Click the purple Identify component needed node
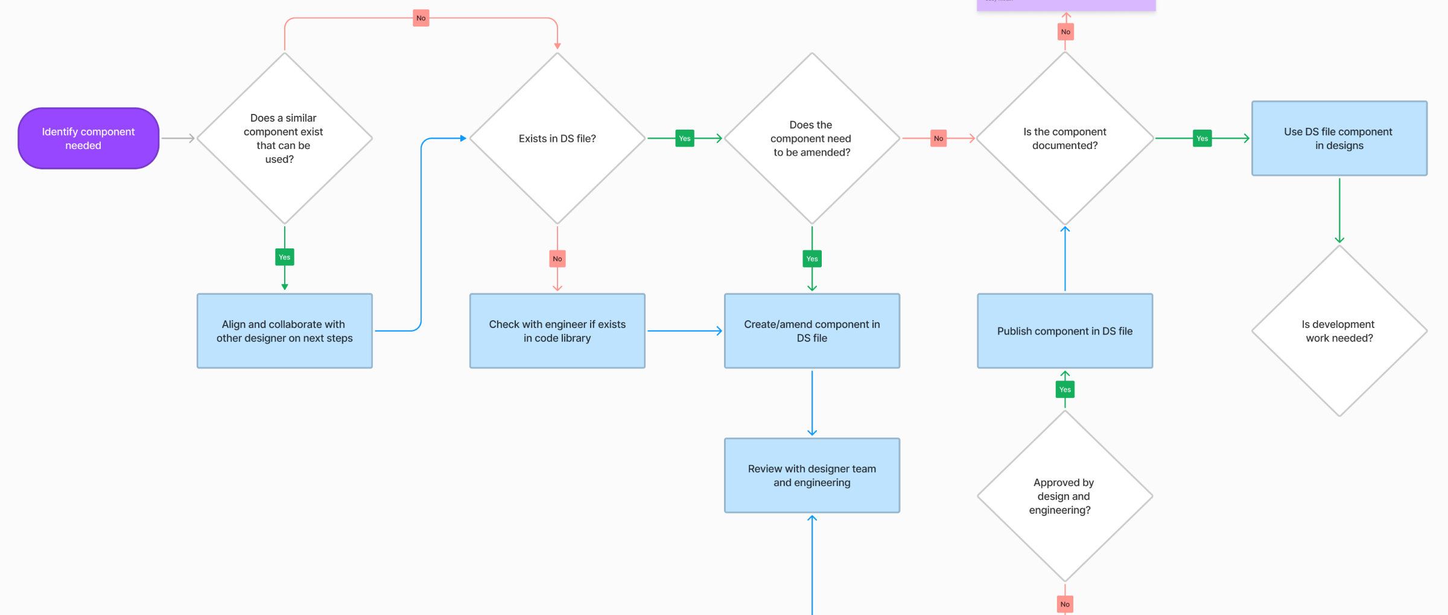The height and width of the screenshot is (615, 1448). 88,138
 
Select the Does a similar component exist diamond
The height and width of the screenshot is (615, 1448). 284,138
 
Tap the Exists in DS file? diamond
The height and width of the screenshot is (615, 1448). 557,138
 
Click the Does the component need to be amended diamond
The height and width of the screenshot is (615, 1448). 811,138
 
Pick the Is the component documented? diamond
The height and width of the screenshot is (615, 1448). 1065,138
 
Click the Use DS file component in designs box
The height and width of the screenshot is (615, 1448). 1339,138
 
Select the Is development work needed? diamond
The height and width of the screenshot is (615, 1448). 1339,330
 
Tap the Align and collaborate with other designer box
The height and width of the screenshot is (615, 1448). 284,330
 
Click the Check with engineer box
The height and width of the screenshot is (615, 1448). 557,330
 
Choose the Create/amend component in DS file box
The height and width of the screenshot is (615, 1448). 811,330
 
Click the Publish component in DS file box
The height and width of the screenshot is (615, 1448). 1065,330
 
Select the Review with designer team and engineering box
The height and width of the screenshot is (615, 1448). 811,475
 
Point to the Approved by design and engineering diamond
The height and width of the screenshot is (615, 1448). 1065,496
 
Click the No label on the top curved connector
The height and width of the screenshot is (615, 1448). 421,18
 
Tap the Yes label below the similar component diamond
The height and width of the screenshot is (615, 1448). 284,257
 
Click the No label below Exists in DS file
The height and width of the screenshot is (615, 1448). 557,259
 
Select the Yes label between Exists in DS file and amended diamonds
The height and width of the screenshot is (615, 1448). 684,138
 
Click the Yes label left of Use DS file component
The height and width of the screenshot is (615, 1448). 1202,138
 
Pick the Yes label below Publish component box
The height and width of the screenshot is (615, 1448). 1065,389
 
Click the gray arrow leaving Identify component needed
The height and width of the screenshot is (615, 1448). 177,138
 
